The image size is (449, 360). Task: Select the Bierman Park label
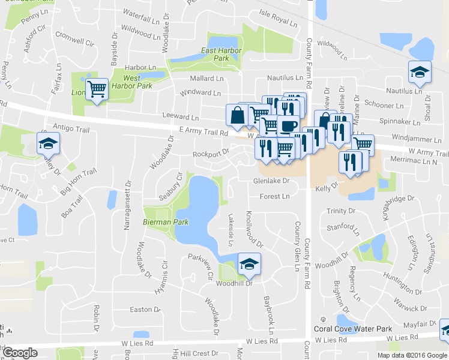166,222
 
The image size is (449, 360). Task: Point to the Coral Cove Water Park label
353,329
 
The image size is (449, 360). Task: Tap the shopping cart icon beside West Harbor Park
96,89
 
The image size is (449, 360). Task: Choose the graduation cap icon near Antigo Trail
47,143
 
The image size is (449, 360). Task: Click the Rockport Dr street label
211,153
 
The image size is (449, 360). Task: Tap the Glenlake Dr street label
271,180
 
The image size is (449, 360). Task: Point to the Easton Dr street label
145,310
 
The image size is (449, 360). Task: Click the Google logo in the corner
20,353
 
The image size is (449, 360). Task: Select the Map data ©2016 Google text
412,355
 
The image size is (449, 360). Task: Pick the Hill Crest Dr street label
201,354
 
